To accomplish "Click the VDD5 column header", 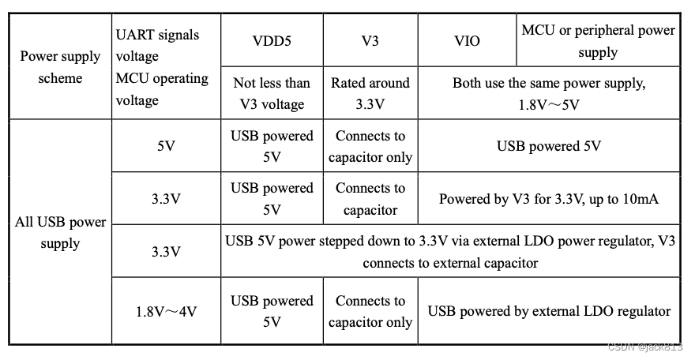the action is pos(272,39).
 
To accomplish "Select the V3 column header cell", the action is pos(370,39).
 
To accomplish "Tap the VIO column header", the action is pos(468,39).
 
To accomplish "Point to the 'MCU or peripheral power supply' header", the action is pos(598,41).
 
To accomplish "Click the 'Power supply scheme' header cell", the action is pos(60,67).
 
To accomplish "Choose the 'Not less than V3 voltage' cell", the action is pos(272,93).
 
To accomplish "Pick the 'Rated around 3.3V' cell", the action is pos(370,93).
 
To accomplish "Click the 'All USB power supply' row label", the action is pos(60,232).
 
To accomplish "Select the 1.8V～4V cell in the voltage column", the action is pos(166,311).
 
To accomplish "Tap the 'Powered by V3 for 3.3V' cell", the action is pos(549,199).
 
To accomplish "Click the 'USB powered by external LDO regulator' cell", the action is pos(549,311).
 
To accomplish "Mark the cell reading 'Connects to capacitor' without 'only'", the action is pos(370,199).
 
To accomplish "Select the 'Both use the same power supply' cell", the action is pos(549,93).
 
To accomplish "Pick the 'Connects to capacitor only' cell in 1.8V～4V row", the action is pos(370,311).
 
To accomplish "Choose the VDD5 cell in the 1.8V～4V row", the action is pos(272,311).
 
